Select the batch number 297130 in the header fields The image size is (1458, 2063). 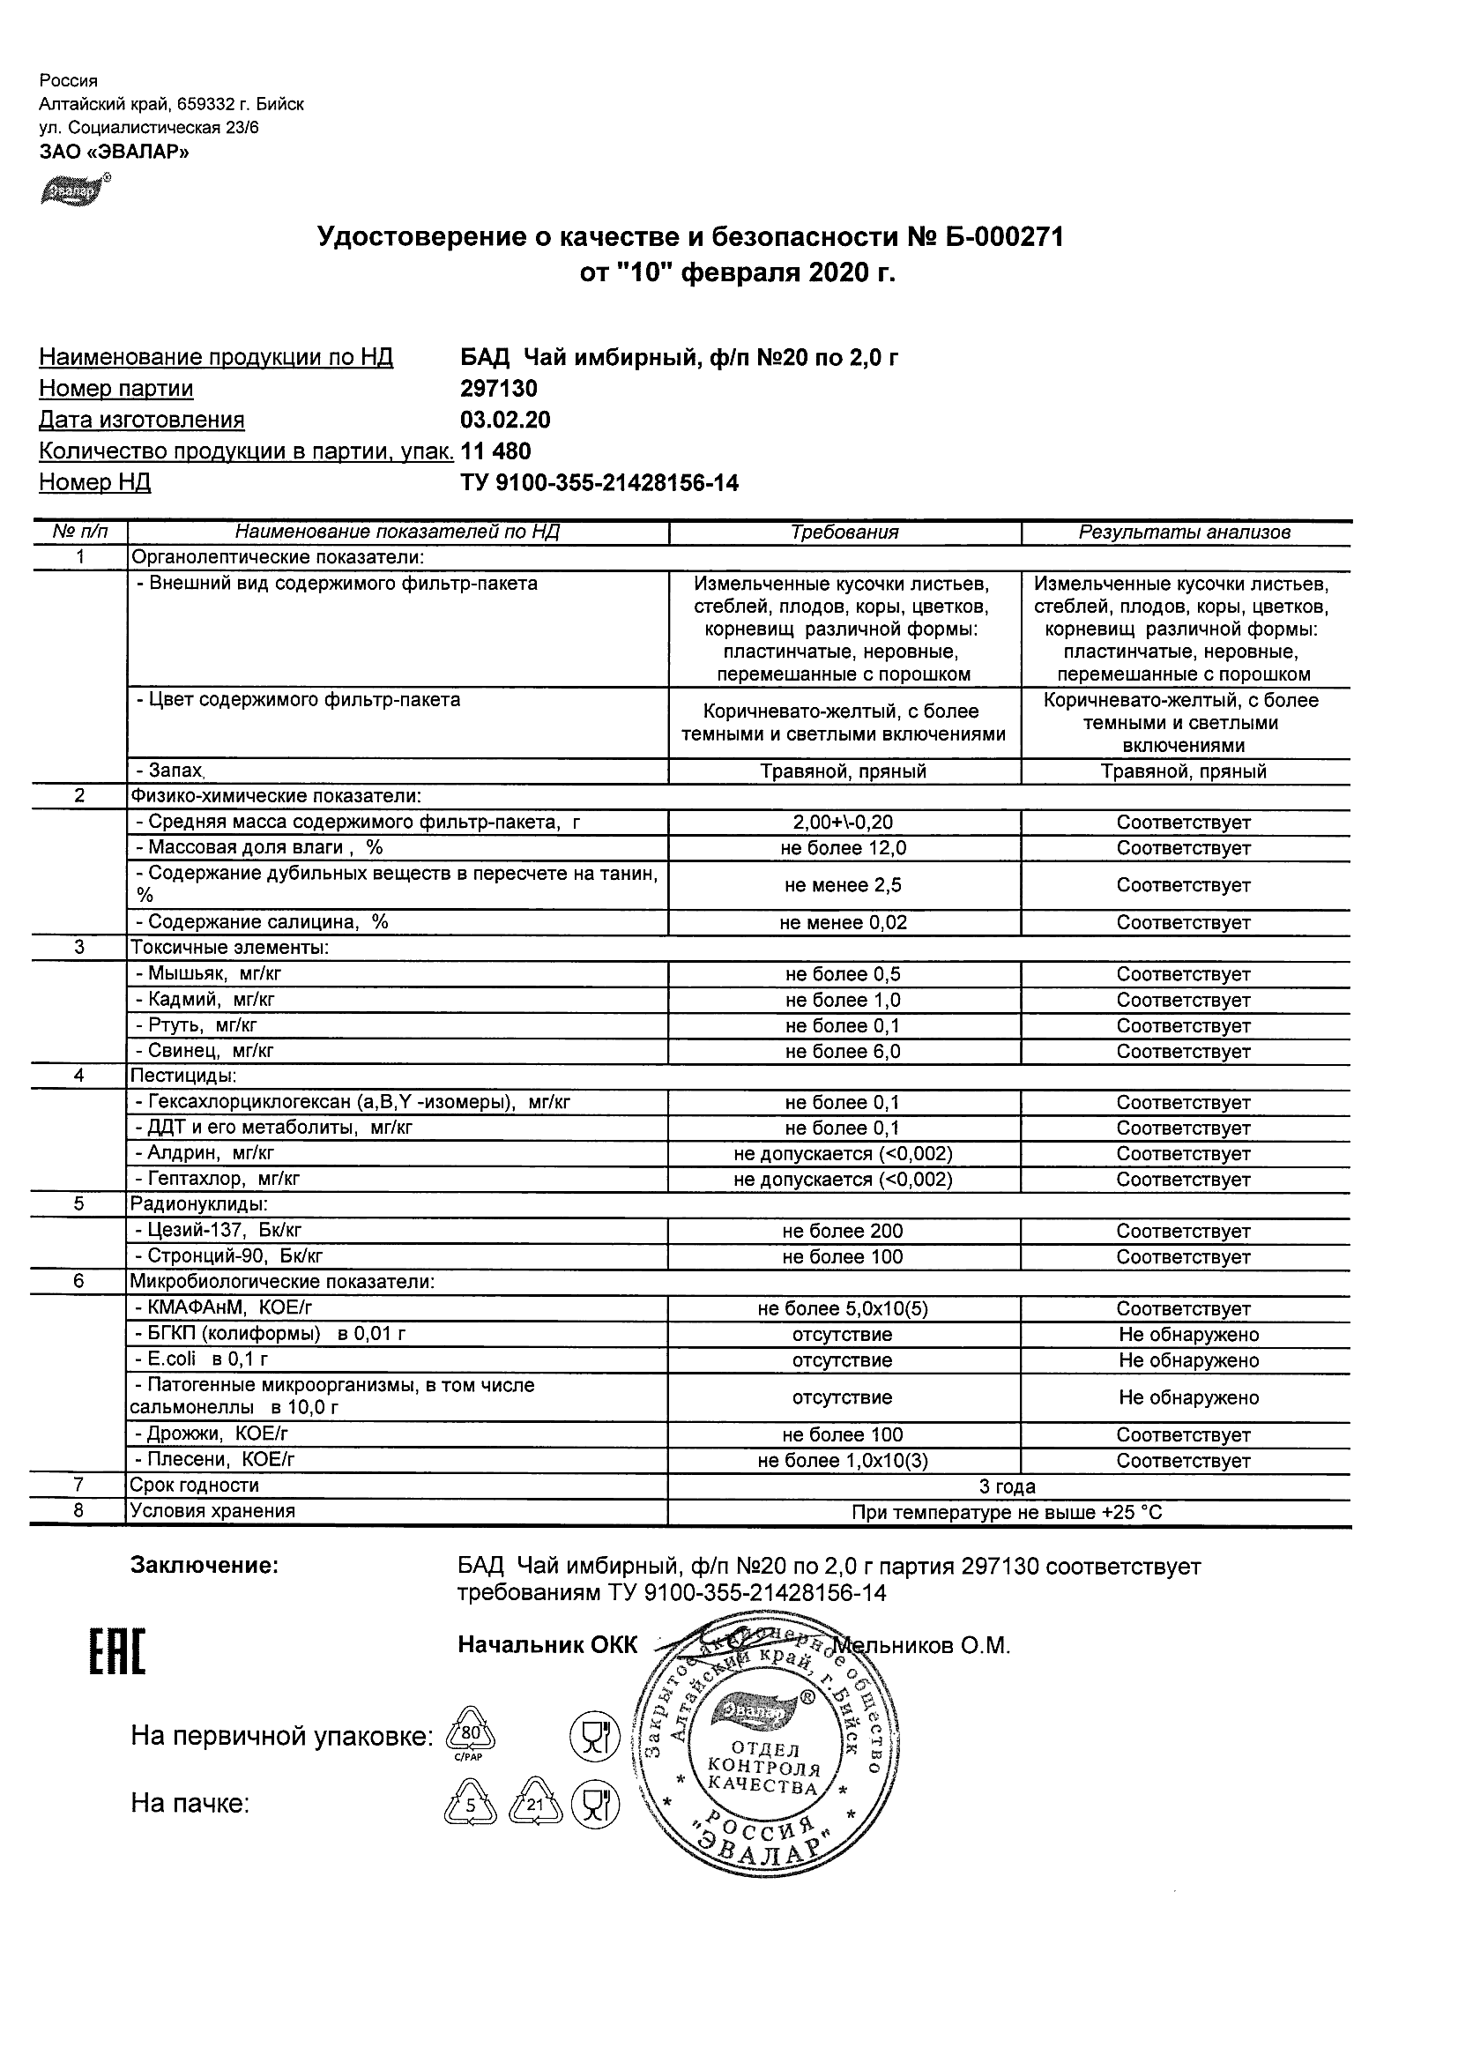[x=499, y=388]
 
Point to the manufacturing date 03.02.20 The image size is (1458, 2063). [x=505, y=420]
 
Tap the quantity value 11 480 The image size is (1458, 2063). [x=496, y=451]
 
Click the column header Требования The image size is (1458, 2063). [x=844, y=532]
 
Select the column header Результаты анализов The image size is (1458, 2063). [x=1184, y=532]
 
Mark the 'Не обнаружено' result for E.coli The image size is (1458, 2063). [x=1187, y=1360]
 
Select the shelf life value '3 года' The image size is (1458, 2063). [x=1008, y=1487]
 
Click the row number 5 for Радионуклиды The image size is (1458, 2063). [x=79, y=1204]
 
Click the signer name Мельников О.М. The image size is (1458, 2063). [x=922, y=1645]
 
